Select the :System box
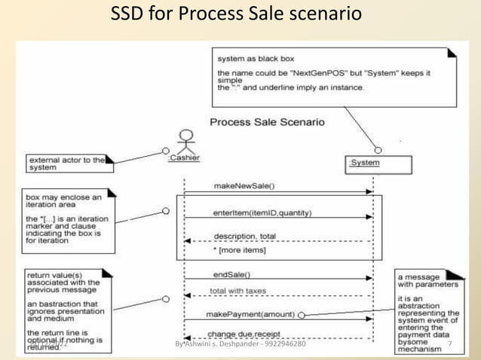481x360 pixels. click(x=380, y=163)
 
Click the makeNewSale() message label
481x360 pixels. click(x=244, y=185)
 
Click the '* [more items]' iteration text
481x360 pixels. click(x=239, y=250)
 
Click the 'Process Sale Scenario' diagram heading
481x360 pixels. click(x=267, y=122)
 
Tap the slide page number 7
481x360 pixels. click(x=449, y=344)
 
